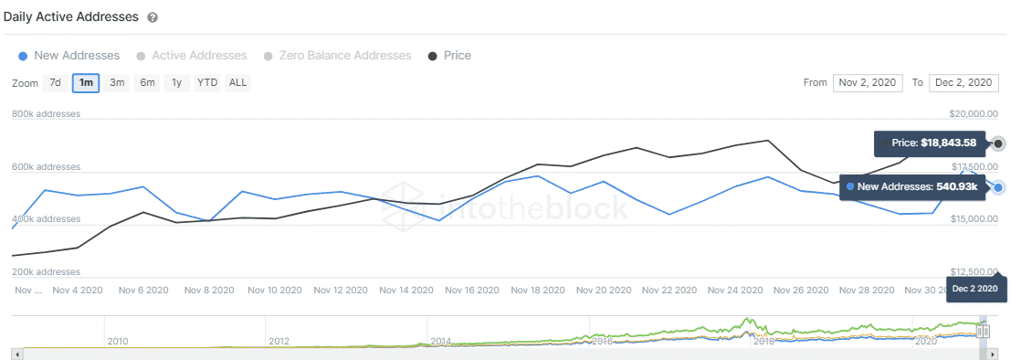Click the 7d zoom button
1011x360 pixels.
(55, 83)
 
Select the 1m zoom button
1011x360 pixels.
(86, 83)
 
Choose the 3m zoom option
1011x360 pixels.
(117, 83)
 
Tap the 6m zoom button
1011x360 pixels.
(147, 83)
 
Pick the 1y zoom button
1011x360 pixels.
(177, 83)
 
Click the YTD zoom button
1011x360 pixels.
(207, 83)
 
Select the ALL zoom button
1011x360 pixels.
(237, 83)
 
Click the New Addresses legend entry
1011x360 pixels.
(69, 56)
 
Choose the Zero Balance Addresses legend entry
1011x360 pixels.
(337, 56)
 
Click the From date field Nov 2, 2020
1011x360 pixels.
(868, 83)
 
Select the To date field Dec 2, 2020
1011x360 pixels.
(964, 83)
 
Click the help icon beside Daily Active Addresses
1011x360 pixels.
(152, 17)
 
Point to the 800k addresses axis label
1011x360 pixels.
(47, 114)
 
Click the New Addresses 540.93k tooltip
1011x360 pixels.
(913, 186)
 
